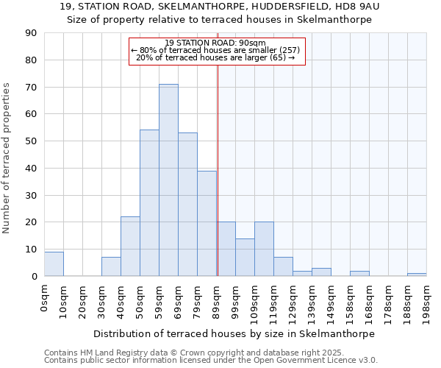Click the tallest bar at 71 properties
168,180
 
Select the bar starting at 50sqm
149,203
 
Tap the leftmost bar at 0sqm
54,264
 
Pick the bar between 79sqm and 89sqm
207,224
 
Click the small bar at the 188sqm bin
417,275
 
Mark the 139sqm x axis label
312,300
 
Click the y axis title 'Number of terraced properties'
7,158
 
